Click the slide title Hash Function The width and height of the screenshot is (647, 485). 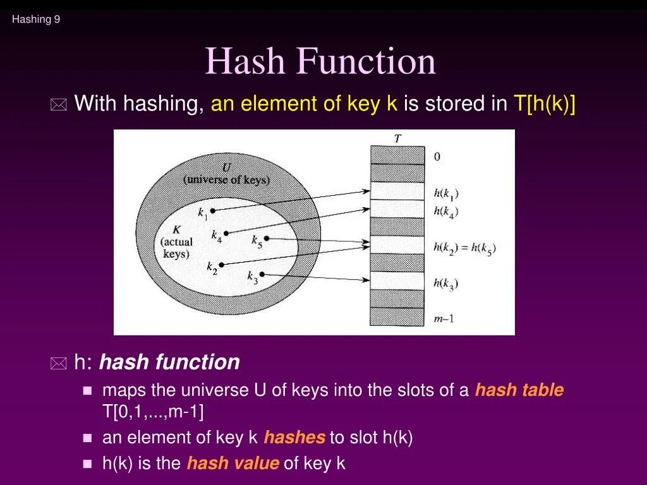[320, 62]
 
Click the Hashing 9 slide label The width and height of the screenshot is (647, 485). [36, 20]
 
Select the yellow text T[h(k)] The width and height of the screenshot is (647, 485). [543, 104]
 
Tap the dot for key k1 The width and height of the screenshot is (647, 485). [213, 210]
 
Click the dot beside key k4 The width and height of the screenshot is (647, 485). [227, 233]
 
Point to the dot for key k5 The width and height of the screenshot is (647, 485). [267, 238]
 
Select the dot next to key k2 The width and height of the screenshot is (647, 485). [221, 264]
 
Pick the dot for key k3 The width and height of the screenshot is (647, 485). [262, 274]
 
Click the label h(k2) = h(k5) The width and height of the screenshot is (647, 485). [464, 248]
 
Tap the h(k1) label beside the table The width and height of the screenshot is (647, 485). [446, 194]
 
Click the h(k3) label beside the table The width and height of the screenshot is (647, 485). [446, 284]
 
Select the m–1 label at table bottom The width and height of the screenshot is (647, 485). [444, 319]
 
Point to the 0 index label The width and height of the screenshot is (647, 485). [437, 157]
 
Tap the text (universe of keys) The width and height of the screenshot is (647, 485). [226, 179]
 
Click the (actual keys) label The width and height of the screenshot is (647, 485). [176, 248]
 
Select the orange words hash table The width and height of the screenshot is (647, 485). [519, 390]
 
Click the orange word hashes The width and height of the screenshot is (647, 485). [294, 438]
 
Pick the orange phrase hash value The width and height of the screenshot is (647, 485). [233, 464]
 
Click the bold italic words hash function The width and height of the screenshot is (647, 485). [169, 362]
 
